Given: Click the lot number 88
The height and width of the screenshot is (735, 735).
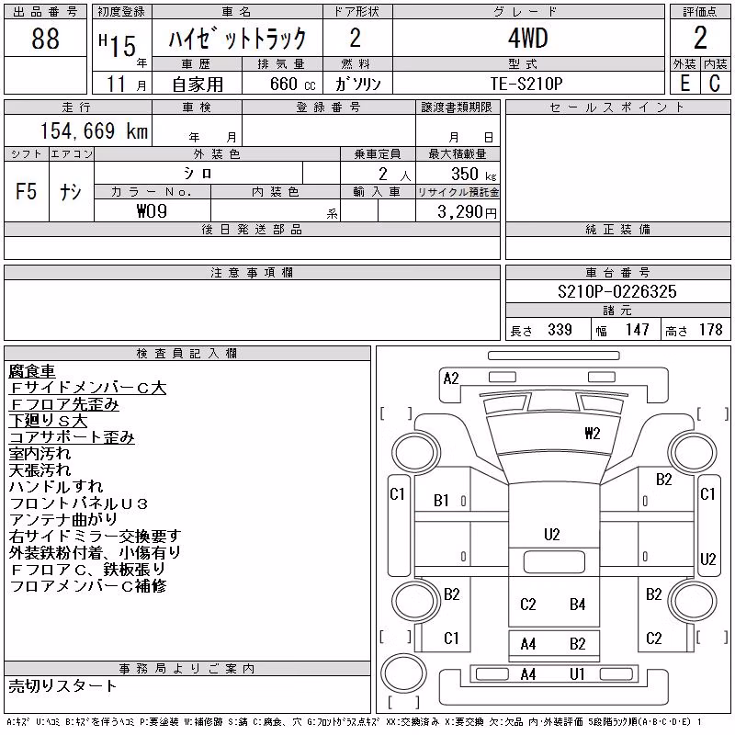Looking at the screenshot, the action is pos(45,39).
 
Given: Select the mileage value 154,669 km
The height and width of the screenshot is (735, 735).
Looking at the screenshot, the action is pos(94,130).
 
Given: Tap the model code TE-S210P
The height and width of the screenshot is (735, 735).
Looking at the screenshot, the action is pos(526,84).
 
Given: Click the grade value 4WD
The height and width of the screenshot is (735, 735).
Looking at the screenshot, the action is pos(527,38).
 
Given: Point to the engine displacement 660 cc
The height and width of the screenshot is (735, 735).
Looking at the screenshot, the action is pos(293,84).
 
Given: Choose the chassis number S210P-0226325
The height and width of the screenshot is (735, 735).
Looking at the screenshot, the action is pos(616,291).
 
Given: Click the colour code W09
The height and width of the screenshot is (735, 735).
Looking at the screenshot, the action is pos(152,211).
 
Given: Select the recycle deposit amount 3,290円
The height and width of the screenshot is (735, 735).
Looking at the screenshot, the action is pos(467,212).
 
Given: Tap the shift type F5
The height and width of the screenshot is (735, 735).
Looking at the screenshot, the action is pos(26,191).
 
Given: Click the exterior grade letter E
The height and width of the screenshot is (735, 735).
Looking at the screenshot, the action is pos(684,83).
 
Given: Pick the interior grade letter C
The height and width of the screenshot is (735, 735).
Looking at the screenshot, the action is pos(715,83).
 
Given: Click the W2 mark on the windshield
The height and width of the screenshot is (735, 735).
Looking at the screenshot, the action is pos(593,433).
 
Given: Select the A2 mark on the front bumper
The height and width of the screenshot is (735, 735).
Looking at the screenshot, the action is pos(451,379).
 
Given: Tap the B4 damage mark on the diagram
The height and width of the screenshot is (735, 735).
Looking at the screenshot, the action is pos(578,605).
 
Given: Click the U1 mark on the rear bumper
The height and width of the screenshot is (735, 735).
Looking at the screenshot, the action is pos(577,674).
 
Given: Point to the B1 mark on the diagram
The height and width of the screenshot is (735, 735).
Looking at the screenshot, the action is pos(441,501).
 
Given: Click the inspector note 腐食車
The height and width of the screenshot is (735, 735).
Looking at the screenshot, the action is pos(32,371).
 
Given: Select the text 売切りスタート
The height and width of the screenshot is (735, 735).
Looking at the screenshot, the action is pos(62,686).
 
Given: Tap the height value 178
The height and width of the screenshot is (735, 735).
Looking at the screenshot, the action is pos(710,330).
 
